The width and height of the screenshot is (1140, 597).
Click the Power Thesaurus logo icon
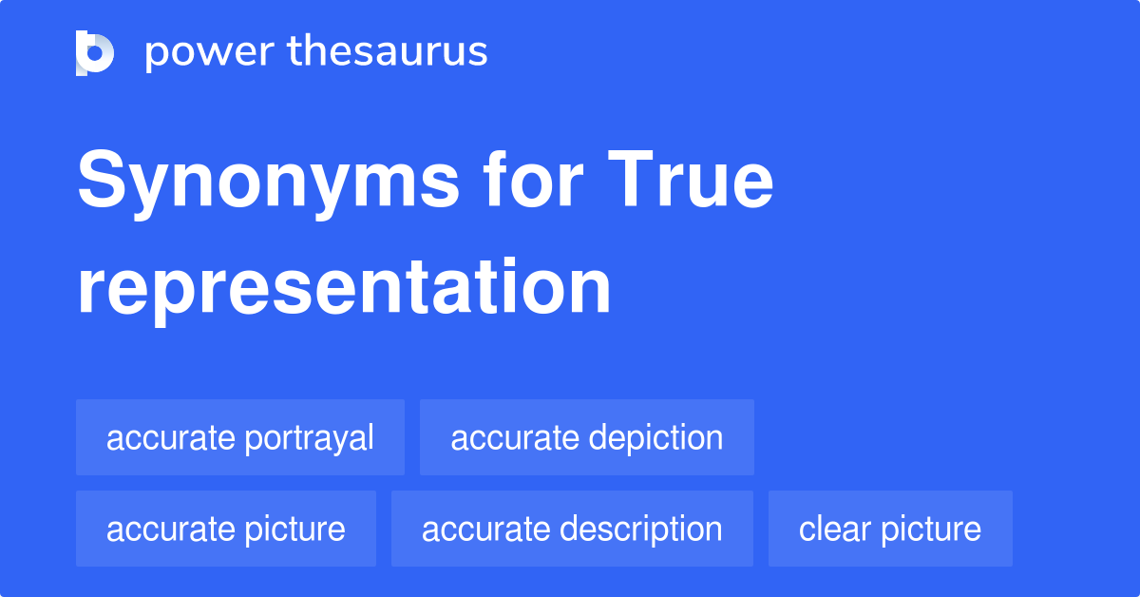point(95,53)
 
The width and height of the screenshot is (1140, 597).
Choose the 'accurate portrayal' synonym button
point(240,437)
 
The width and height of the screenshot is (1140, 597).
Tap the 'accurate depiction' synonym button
point(586,437)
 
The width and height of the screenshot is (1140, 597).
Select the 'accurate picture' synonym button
point(226,529)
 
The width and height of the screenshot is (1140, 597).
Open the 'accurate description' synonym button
point(572,529)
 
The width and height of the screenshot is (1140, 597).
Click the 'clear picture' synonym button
point(890,529)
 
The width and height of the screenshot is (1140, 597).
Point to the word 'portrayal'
point(309,438)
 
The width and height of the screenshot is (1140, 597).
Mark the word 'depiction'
point(655,437)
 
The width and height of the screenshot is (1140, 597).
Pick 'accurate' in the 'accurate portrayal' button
point(171,438)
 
